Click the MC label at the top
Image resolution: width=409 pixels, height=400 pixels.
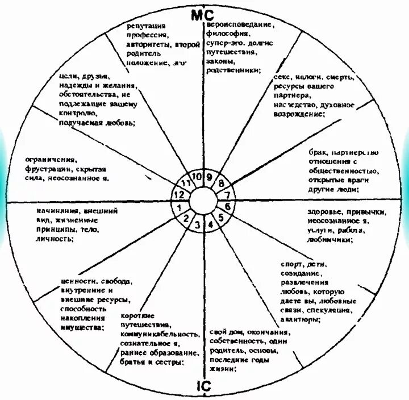pyautogui.click(x=202, y=15)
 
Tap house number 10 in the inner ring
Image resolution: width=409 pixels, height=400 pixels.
pyautogui.click(x=197, y=176)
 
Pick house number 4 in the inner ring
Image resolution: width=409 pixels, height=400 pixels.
pyautogui.click(x=210, y=223)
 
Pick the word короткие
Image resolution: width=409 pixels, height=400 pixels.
pyautogui.click(x=138, y=316)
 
